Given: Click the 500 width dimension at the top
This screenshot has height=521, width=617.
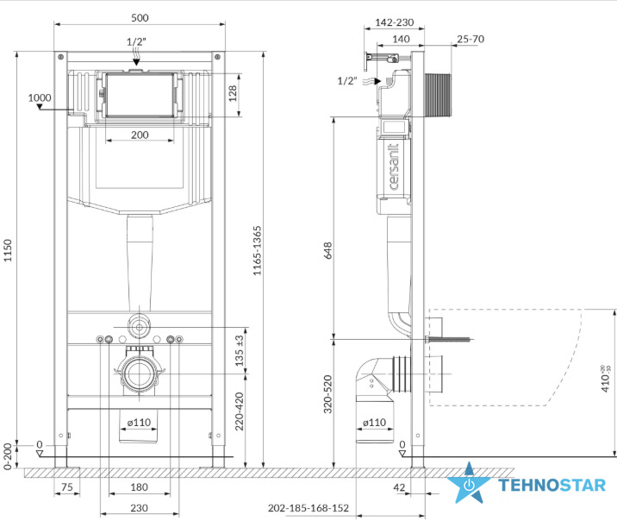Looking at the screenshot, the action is tap(140, 18).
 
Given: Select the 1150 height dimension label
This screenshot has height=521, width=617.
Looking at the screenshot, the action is tap(8, 250).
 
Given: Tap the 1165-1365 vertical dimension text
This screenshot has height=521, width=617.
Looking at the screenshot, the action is tap(257, 250).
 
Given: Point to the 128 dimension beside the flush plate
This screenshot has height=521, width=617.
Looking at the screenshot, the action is tap(233, 93).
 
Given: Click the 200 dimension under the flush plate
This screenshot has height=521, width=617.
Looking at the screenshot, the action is tap(140, 135).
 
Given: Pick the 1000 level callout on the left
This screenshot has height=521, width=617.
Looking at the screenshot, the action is tap(40, 97).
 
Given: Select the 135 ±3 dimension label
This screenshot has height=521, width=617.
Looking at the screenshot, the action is tap(240, 350).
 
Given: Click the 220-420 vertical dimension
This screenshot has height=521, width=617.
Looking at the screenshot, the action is tap(240, 411).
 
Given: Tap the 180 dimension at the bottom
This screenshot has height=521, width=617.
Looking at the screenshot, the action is tap(139, 487).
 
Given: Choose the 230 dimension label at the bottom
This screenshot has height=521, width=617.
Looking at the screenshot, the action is tap(139, 508).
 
